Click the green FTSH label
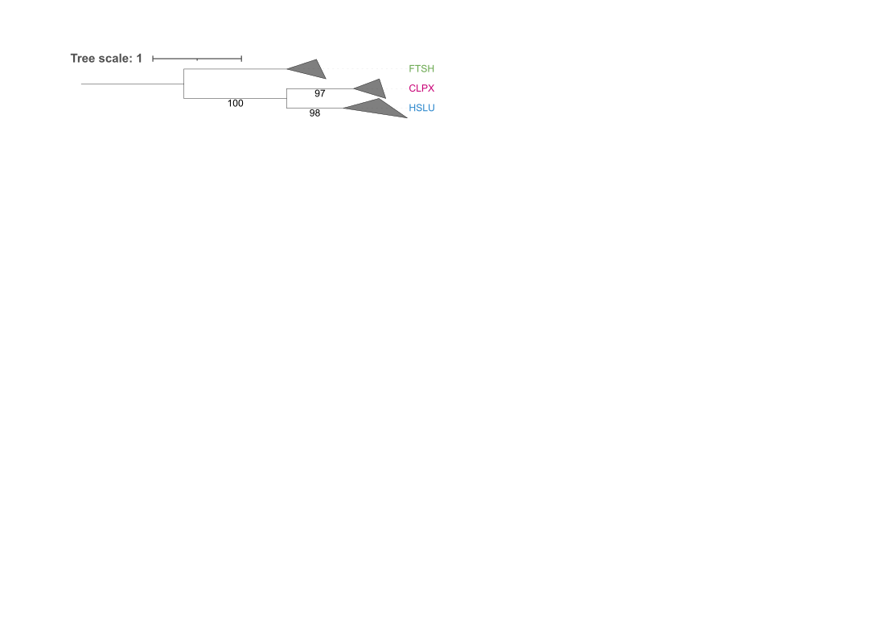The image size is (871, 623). point(421,69)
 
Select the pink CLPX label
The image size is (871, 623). point(421,88)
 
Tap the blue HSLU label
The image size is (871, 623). point(421,108)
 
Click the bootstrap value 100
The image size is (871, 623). point(236,103)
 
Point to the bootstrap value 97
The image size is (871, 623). point(319,93)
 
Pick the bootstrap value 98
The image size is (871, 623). point(314,113)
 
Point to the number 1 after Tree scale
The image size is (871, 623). point(139,59)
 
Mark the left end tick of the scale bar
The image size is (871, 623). point(153,59)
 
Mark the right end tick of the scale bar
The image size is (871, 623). point(241,59)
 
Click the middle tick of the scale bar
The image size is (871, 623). point(197,59)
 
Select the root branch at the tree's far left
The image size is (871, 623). point(132,84)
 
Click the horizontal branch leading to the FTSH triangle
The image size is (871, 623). point(235,69)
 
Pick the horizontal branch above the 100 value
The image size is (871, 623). point(235,98)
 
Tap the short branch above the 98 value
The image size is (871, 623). point(314,108)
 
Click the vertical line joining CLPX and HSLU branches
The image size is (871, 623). point(286,98)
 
